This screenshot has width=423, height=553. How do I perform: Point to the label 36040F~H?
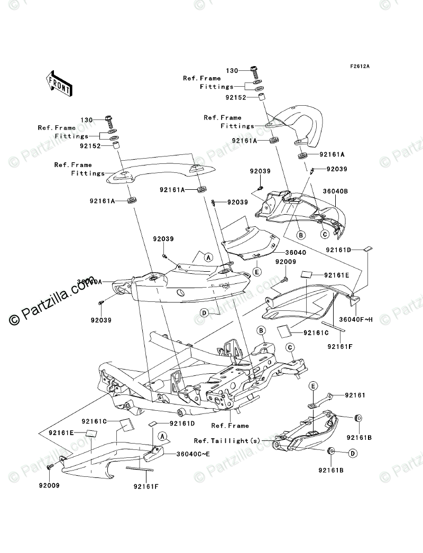tap(355, 319)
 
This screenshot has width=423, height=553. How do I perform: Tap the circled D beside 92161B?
tap(352, 454)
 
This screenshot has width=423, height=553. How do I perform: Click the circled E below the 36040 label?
tap(257, 272)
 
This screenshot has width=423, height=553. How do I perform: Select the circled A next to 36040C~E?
tap(163, 436)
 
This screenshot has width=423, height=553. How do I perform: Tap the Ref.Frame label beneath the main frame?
tap(229, 425)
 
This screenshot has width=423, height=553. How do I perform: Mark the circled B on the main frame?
tap(261, 331)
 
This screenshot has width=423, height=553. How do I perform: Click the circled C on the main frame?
tap(290, 347)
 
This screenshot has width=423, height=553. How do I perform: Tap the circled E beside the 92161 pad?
tap(313, 386)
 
